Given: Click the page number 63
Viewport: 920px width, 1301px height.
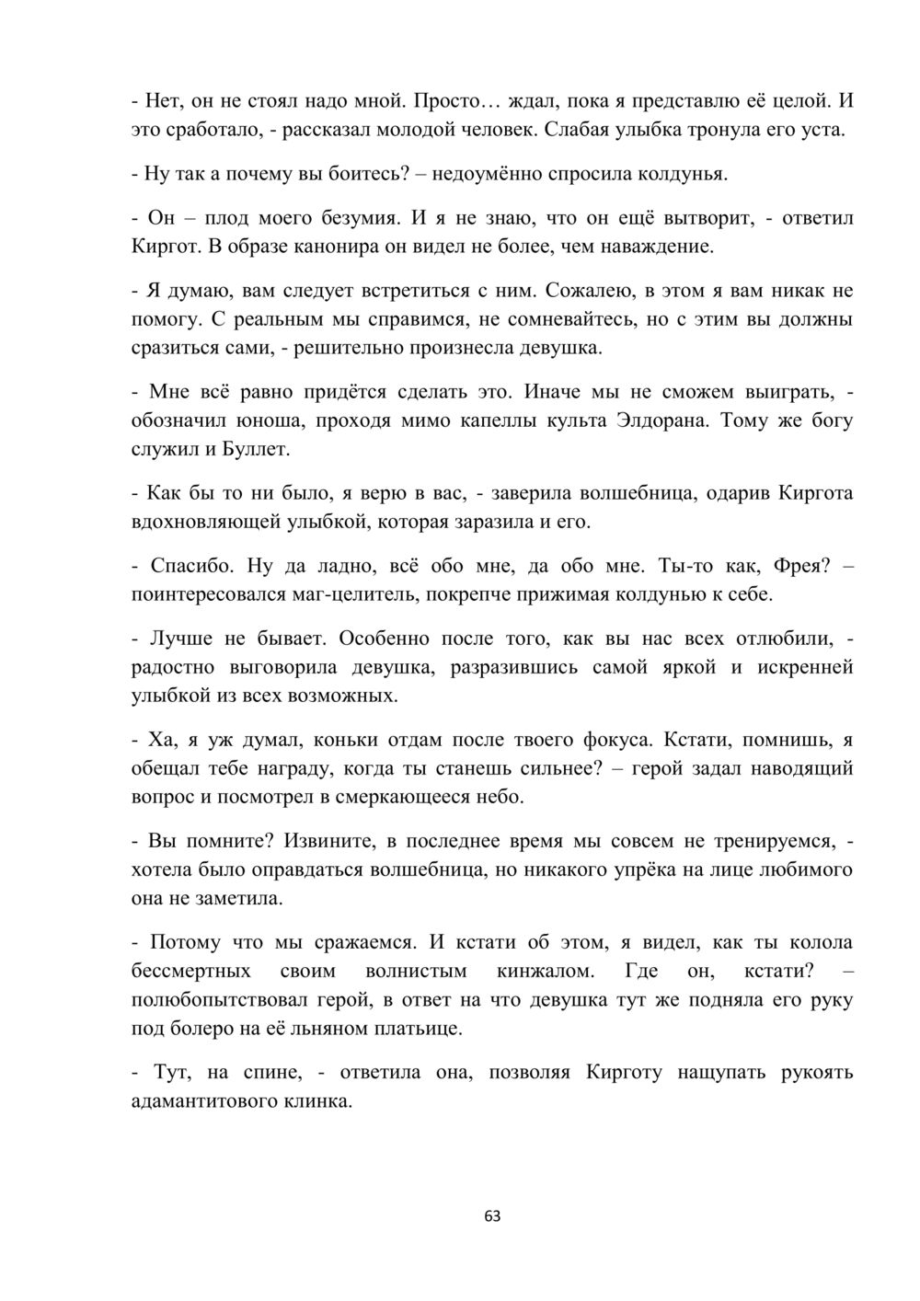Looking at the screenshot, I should [x=492, y=1216].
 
